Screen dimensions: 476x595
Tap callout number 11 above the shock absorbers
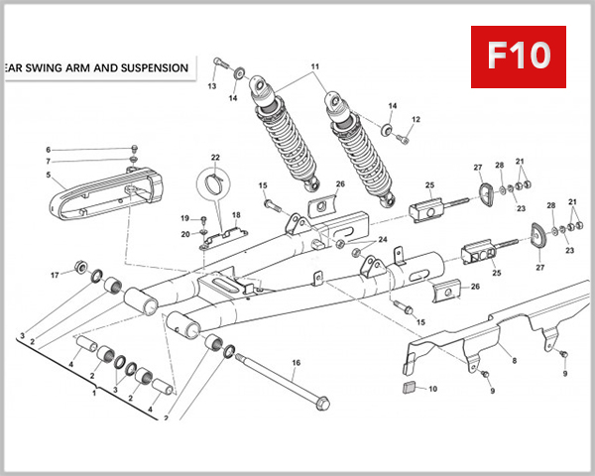tap(316, 67)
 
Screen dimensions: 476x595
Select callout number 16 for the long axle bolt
tap(296, 363)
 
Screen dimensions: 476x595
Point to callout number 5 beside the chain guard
tap(47, 176)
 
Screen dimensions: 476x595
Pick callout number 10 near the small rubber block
tap(431, 389)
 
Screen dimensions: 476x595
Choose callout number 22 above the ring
tap(214, 158)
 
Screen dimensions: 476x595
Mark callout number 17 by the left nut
tap(56, 275)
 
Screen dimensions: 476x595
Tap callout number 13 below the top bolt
tap(211, 87)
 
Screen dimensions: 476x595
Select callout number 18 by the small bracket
tap(235, 214)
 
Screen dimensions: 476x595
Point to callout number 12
tap(416, 120)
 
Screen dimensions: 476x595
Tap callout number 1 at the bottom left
tap(95, 394)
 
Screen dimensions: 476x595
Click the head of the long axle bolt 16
tap(321, 405)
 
